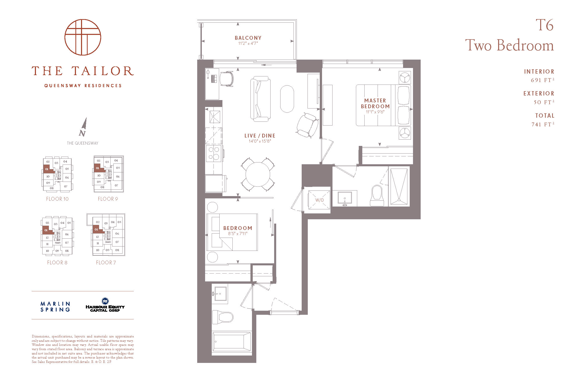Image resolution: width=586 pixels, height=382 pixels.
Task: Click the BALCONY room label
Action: coord(248,38)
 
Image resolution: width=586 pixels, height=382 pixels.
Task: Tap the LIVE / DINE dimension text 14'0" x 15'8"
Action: coord(260,141)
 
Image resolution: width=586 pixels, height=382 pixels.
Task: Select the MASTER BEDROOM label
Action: coord(375,103)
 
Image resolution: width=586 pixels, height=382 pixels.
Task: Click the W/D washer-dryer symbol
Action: coord(319,200)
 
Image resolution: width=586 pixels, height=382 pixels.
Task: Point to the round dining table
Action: coord(258,174)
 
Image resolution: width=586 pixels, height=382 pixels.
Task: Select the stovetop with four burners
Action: coord(214,153)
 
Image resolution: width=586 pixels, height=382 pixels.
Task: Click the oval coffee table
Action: coord(287,99)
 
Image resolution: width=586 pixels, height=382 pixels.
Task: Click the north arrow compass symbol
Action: coord(83,127)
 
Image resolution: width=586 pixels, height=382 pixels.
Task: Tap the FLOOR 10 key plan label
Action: coord(57,199)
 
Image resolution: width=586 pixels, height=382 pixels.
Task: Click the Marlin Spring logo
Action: coord(55,307)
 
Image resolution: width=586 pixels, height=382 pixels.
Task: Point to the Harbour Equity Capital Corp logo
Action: coord(105,305)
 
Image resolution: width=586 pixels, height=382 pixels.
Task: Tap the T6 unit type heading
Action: coord(545,25)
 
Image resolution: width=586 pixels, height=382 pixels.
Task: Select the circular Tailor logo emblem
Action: coord(83,37)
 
